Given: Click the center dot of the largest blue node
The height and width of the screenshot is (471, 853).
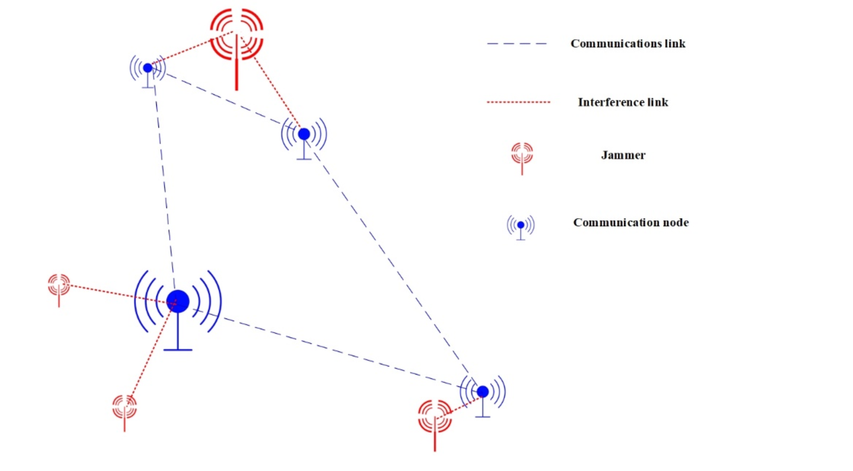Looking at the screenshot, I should [x=178, y=301].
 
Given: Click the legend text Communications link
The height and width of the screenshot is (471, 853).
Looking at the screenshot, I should [x=627, y=44].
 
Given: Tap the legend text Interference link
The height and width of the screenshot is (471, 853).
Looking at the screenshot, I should [x=623, y=102].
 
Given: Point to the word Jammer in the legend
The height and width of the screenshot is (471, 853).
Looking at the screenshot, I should [x=623, y=155].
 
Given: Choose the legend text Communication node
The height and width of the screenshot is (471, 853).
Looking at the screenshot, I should [x=630, y=223].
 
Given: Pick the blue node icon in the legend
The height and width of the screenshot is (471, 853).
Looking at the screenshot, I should [x=520, y=225].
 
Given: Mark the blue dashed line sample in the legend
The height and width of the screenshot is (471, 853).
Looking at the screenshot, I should [x=517, y=44].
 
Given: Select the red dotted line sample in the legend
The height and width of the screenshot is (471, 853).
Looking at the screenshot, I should [x=518, y=102].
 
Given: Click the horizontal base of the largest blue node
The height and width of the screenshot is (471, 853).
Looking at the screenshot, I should [x=178, y=350].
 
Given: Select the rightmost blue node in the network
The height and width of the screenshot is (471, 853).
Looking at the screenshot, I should [x=483, y=392].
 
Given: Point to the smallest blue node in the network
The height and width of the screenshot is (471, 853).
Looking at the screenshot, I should [x=147, y=68].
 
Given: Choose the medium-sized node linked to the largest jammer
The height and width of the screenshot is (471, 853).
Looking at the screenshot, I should [x=304, y=134].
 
